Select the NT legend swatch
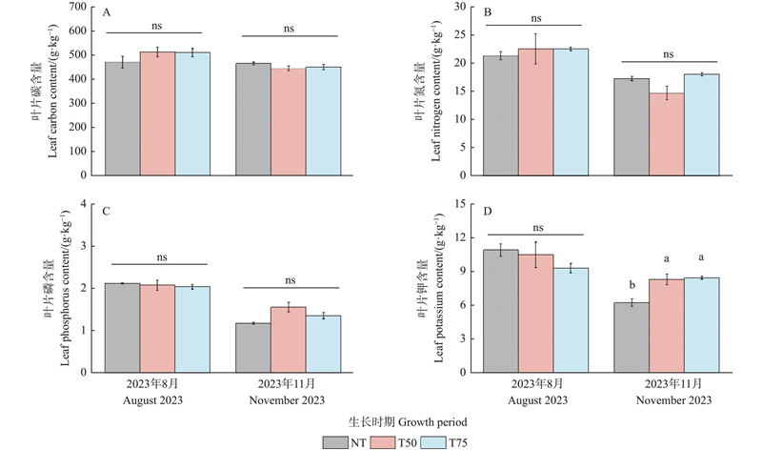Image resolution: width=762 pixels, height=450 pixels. [x=336, y=440]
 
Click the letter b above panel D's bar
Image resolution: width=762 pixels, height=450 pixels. [x=631, y=284]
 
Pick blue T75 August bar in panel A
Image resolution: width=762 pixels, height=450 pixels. [x=192, y=114]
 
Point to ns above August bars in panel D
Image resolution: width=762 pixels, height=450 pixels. [x=537, y=228]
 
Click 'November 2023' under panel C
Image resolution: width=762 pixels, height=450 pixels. [x=288, y=400]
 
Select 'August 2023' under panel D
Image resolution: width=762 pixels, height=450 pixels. [x=537, y=400]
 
